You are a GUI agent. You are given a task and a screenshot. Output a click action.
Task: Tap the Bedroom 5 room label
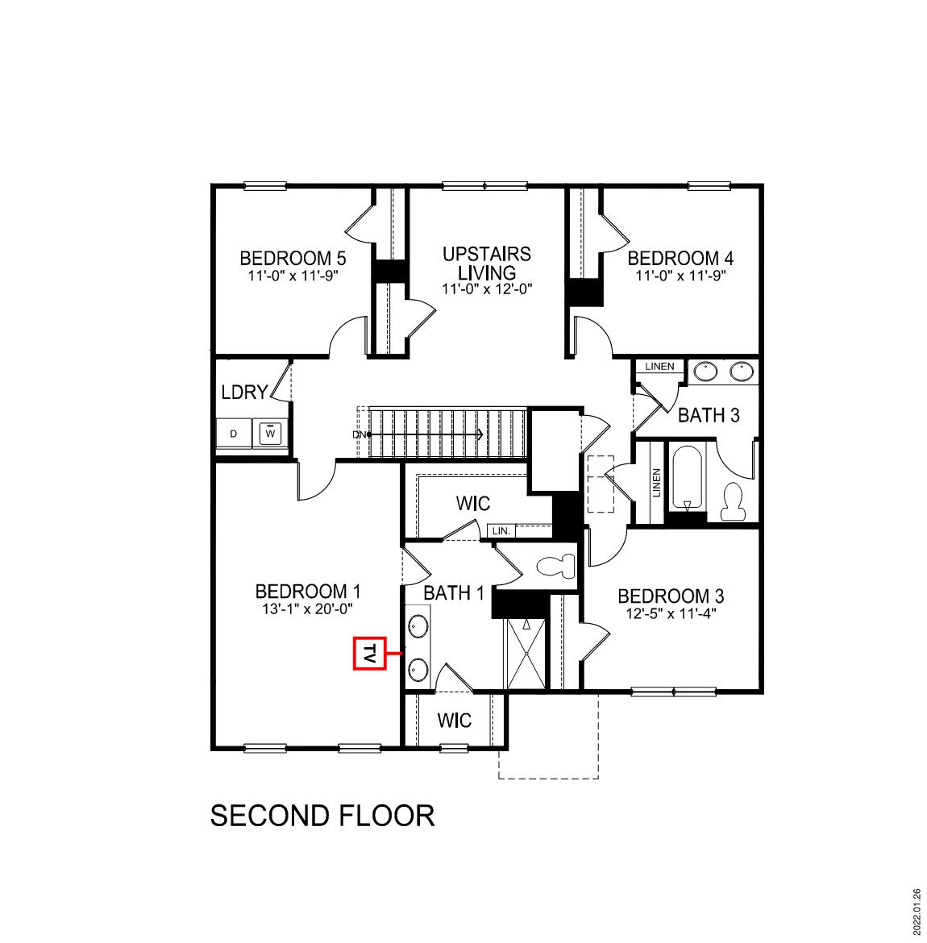click(293, 259)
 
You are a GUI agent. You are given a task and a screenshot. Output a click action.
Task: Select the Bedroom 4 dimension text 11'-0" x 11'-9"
click(680, 276)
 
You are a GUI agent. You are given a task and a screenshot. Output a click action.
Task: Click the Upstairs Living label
click(487, 263)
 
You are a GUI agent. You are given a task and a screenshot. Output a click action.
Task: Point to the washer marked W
click(271, 434)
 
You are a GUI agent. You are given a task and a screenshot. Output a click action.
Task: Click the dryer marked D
click(234, 434)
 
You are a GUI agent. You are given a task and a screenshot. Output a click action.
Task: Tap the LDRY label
click(244, 393)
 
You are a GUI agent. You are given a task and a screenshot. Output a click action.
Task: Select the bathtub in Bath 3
click(688, 477)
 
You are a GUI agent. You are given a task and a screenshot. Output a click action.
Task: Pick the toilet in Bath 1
click(554, 566)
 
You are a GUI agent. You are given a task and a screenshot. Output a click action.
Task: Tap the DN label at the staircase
click(360, 434)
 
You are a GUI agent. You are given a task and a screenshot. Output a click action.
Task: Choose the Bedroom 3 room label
click(671, 596)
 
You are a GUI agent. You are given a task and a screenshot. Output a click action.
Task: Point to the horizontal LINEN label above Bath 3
click(659, 367)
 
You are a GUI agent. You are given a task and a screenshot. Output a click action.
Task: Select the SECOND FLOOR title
click(322, 816)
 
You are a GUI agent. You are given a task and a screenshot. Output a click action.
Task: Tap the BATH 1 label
click(454, 593)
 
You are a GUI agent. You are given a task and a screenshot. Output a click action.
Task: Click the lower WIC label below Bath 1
click(454, 720)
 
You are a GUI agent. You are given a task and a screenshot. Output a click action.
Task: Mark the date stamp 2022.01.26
click(917, 911)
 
